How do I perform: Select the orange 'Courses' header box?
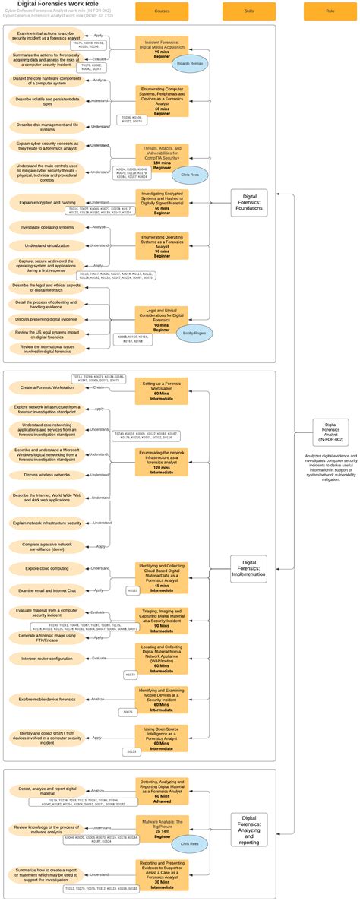click(x=162, y=11)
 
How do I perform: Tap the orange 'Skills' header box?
click(x=248, y=11)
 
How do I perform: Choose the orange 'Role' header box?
click(x=330, y=11)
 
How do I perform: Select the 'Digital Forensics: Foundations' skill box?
click(x=249, y=203)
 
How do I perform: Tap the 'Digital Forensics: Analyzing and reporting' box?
click(x=249, y=830)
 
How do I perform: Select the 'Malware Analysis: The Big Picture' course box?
click(x=162, y=827)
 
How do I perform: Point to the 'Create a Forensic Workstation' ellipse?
click(x=43, y=387)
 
